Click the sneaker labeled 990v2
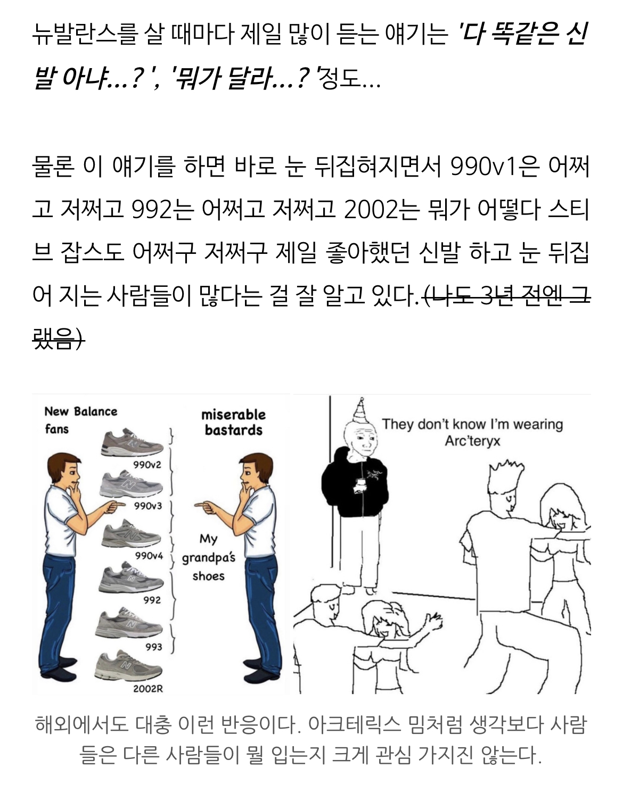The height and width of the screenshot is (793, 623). (132, 442)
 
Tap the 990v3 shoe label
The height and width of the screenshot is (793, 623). (148, 506)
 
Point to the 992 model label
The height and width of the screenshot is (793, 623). (152, 600)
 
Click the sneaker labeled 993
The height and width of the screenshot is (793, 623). (129, 623)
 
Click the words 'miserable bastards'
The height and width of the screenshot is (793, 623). (234, 423)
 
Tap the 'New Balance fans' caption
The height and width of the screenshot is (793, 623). (80, 420)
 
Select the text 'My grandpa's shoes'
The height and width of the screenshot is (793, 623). (208, 558)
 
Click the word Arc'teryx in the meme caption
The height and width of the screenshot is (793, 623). (472, 441)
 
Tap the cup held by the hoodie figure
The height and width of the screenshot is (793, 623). (360, 484)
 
